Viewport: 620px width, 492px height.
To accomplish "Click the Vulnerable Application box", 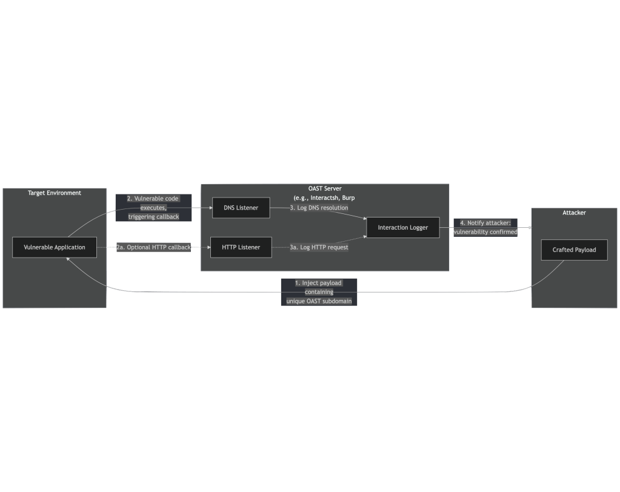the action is (x=55, y=247).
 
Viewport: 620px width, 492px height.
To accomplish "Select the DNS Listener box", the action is (x=241, y=208).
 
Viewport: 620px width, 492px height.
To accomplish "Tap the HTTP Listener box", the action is (x=241, y=247).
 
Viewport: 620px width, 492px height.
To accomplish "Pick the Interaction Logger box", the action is (x=403, y=228).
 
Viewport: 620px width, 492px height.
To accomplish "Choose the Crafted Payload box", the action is (x=574, y=250).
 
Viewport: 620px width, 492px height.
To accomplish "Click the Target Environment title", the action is (x=55, y=193).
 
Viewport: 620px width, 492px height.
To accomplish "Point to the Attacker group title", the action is (x=574, y=213).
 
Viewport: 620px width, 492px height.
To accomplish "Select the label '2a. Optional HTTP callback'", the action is (x=153, y=247).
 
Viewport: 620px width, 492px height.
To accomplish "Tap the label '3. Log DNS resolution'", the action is (x=319, y=208).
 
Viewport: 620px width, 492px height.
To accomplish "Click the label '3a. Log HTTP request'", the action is (x=319, y=247).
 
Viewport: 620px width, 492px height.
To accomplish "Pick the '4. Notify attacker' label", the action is (x=485, y=228).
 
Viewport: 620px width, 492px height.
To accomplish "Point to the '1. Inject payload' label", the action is (x=319, y=292).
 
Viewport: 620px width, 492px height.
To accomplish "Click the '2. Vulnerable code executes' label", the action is (x=153, y=208).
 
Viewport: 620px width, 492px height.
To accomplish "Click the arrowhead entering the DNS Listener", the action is (x=211, y=208).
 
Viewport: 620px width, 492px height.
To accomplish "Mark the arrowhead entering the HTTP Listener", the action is (x=208, y=247).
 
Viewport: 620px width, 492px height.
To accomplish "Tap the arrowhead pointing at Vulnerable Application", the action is (x=68, y=259).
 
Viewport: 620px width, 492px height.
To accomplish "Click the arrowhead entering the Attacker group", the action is (x=530, y=228).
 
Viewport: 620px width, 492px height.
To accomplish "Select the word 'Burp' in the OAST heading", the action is (x=348, y=198).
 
